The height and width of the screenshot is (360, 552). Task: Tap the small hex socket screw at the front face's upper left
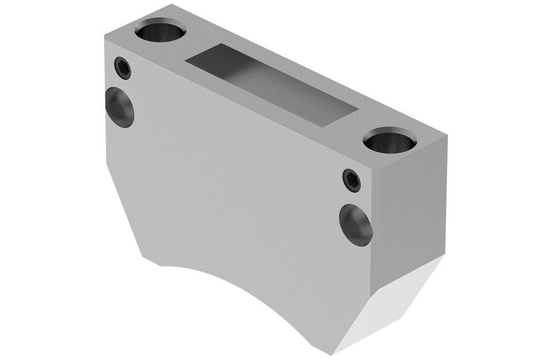tap(124, 68)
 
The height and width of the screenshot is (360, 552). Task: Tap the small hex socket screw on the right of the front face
tap(351, 181)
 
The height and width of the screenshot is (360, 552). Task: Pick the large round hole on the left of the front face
tap(120, 107)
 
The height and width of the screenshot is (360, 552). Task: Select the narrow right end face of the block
tap(408, 210)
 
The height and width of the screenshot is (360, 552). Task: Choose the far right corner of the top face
tap(446, 135)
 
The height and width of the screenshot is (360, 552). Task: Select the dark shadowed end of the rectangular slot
tap(210, 58)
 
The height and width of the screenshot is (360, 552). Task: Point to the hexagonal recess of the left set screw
tap(124, 68)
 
